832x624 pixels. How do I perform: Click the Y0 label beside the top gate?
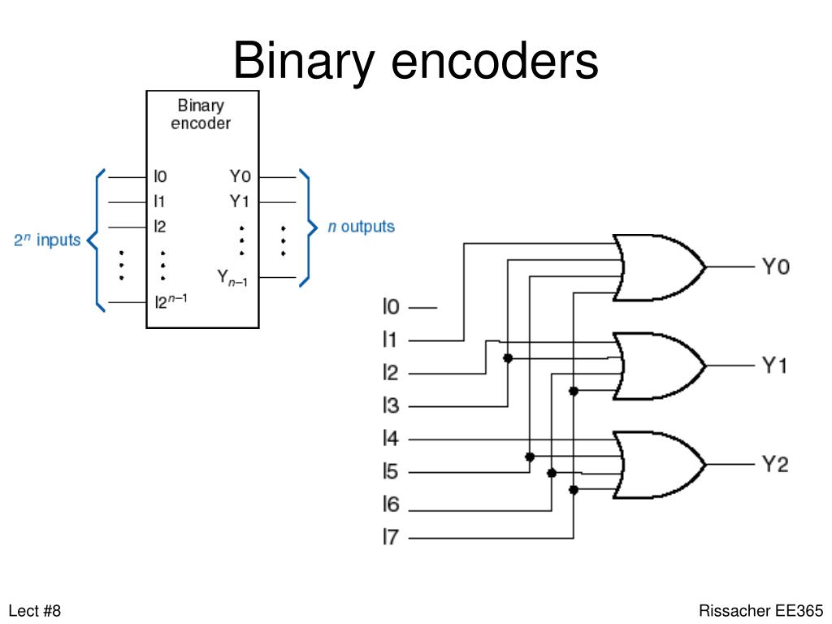pos(775,266)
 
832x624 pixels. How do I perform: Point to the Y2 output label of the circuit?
pos(775,465)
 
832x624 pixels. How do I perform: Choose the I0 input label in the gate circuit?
pos(391,307)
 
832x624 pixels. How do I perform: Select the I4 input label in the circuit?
pos(391,440)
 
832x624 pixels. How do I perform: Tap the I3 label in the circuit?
pos(391,406)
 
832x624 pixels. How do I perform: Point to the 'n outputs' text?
pos(361,227)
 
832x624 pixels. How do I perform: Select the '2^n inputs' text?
pos(47,240)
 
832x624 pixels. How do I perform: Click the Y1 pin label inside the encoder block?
pos(240,200)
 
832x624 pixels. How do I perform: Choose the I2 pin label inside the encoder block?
pos(160,227)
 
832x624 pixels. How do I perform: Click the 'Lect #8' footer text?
pos(35,610)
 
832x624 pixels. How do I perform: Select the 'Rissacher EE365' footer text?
pos(761,610)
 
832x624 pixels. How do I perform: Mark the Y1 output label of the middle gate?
pos(775,366)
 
